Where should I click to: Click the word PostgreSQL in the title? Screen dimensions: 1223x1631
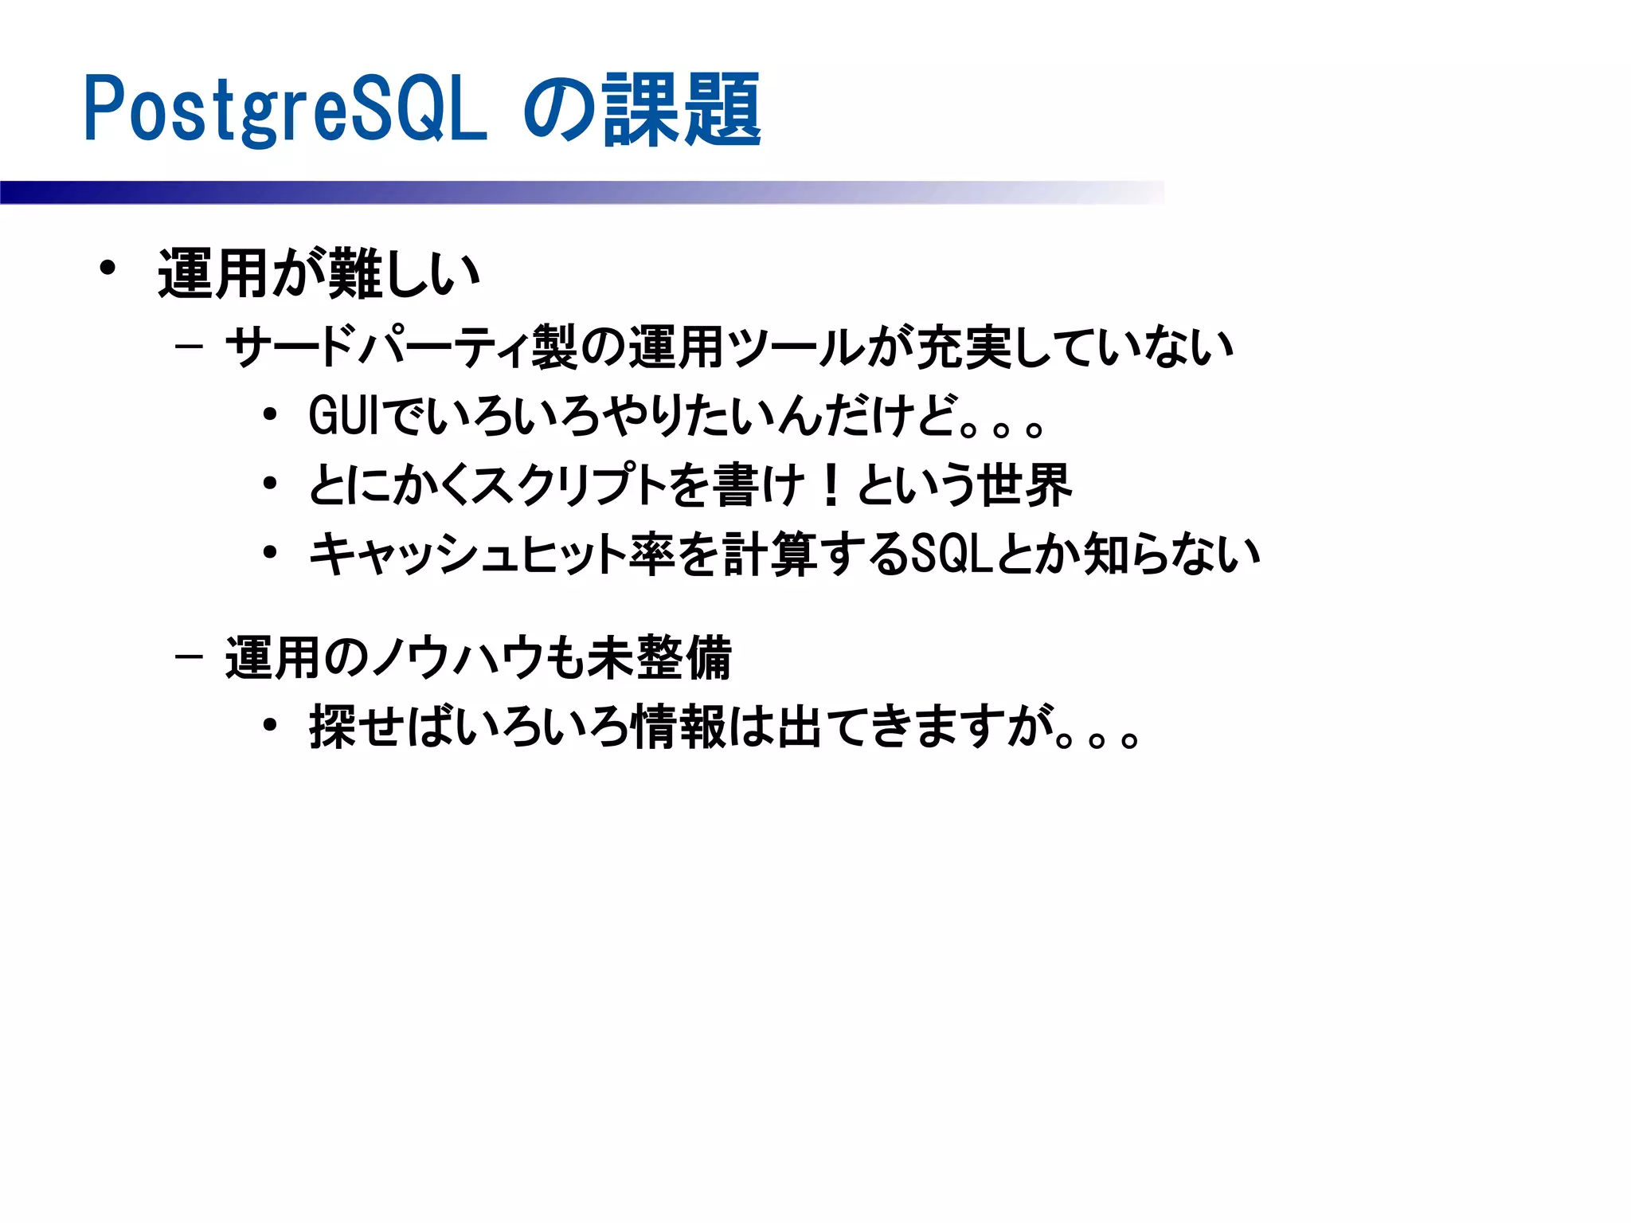[x=285, y=109]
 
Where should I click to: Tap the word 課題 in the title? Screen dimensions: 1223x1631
[x=683, y=109]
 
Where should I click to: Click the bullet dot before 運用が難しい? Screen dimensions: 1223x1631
[x=108, y=268]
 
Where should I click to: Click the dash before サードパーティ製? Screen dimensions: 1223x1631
[x=189, y=347]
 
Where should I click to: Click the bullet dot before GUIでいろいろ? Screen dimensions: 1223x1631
[x=270, y=415]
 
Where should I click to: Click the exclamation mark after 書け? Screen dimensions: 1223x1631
[x=831, y=484]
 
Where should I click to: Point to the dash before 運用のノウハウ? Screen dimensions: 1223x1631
[x=189, y=657]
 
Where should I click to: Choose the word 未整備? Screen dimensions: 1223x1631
[x=659, y=658]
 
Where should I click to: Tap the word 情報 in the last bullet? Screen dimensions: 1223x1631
[x=678, y=727]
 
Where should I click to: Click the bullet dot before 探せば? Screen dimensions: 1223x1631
[x=270, y=726]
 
